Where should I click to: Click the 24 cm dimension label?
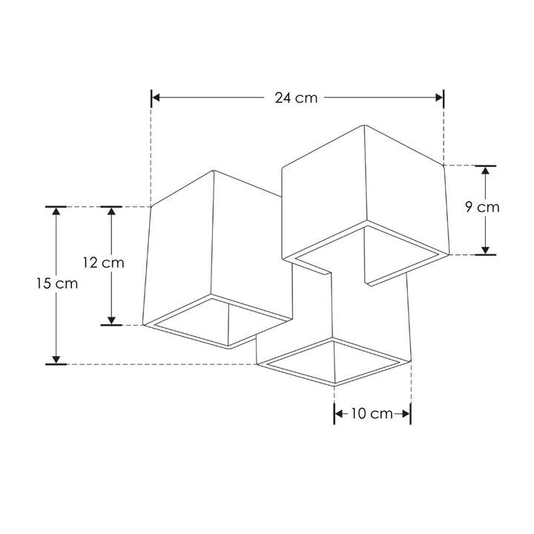coord(295,98)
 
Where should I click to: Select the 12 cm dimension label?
coord(103,263)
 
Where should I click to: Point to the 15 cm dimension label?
coord(56,283)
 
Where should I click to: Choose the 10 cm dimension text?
coord(372,414)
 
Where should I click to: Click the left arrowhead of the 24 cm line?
coord(156,97)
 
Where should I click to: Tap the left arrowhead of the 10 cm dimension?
coord(339,414)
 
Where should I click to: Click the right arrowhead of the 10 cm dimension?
coord(406,414)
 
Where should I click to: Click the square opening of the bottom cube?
coord(335,362)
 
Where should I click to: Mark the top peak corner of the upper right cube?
coord(366,125)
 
